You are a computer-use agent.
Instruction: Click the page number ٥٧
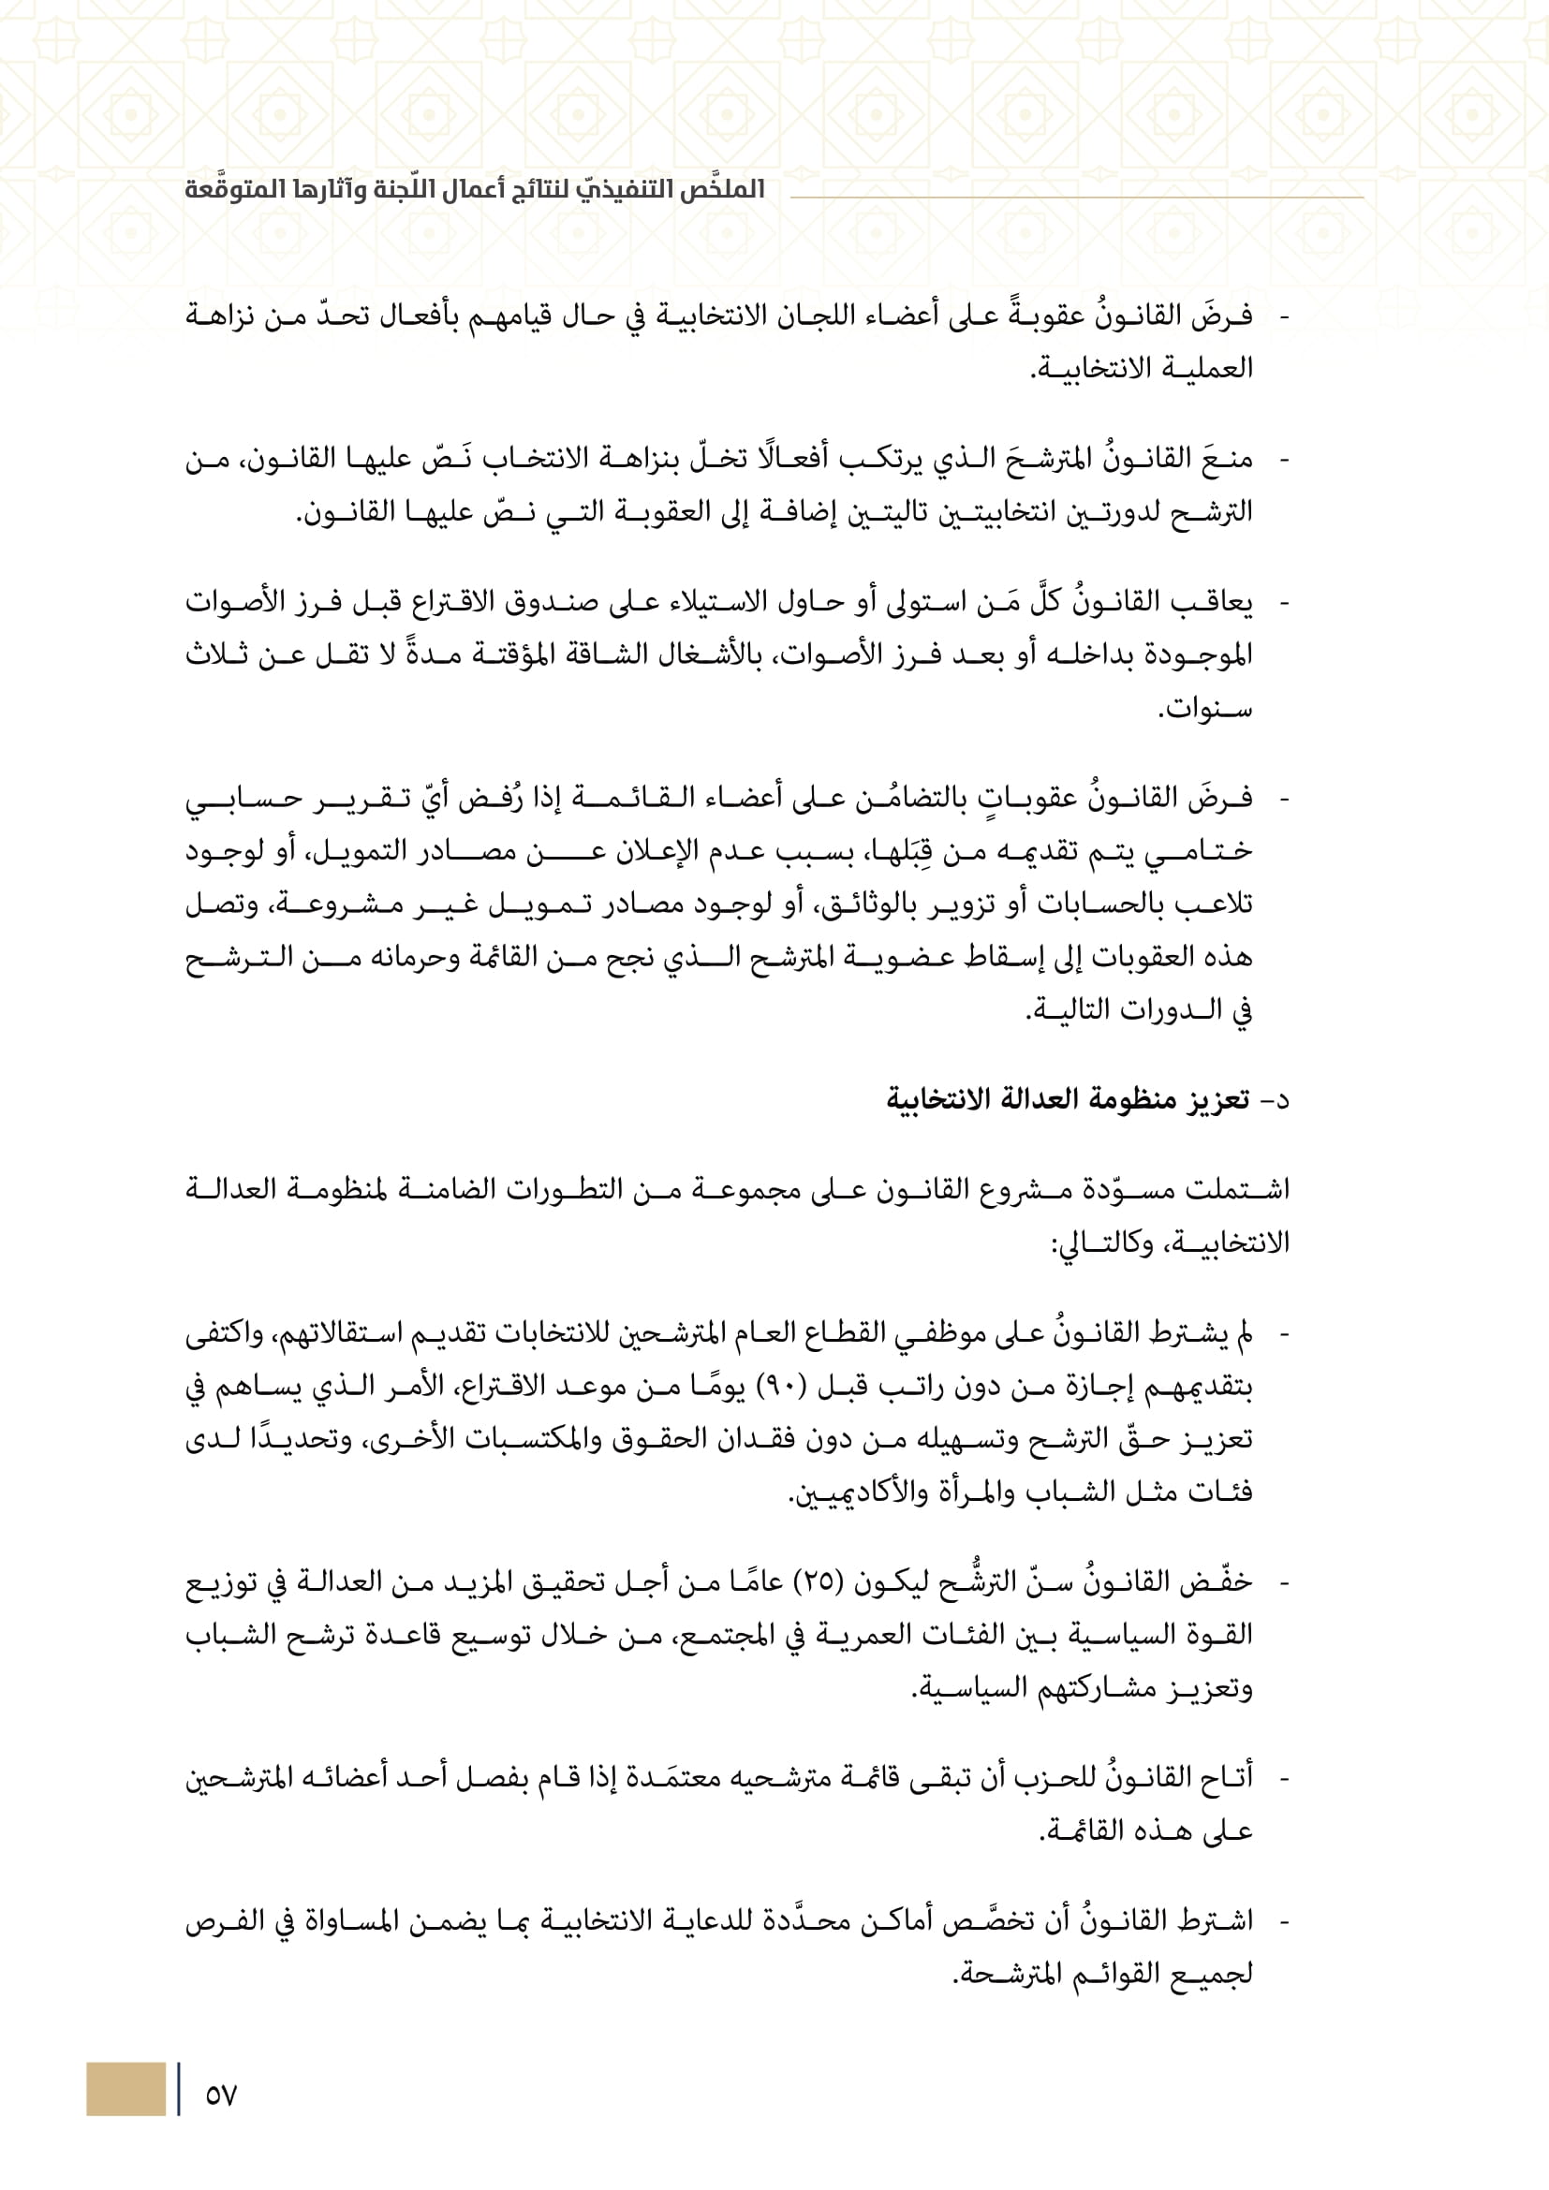220,2094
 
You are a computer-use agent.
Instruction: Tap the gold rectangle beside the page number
125,2089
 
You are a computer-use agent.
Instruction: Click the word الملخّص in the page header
722,189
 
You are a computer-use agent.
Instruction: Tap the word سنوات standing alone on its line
1204,709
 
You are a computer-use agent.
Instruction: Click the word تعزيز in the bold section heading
1218,1100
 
